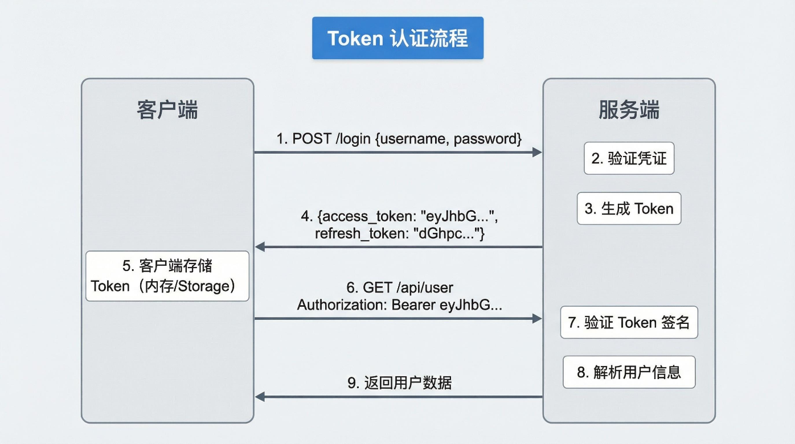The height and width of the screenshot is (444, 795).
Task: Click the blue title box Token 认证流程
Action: tap(397, 38)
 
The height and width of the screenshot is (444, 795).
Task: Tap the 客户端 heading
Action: tap(167, 109)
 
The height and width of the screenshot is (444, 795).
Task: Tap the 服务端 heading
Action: tap(629, 109)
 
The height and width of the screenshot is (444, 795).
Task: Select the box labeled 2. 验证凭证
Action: tap(629, 158)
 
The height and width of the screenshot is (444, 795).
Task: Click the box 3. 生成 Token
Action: tap(629, 208)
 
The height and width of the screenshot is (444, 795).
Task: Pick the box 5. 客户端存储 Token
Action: tap(167, 276)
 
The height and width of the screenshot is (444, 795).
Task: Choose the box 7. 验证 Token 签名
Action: tap(629, 323)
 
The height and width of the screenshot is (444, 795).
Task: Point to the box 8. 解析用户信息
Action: tap(629, 372)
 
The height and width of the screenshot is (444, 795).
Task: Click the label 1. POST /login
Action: tap(325, 139)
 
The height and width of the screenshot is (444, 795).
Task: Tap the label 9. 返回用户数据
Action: tap(399, 383)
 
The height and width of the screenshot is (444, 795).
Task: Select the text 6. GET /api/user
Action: tap(399, 287)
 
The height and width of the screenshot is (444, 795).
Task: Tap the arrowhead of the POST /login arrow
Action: tap(536, 152)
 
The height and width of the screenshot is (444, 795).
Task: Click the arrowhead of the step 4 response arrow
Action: tap(260, 247)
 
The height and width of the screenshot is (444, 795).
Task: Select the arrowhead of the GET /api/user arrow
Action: tap(536, 319)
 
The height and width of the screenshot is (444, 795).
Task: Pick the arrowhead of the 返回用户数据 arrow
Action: tap(260, 397)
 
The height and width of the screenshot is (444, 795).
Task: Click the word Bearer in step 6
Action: tap(413, 305)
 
